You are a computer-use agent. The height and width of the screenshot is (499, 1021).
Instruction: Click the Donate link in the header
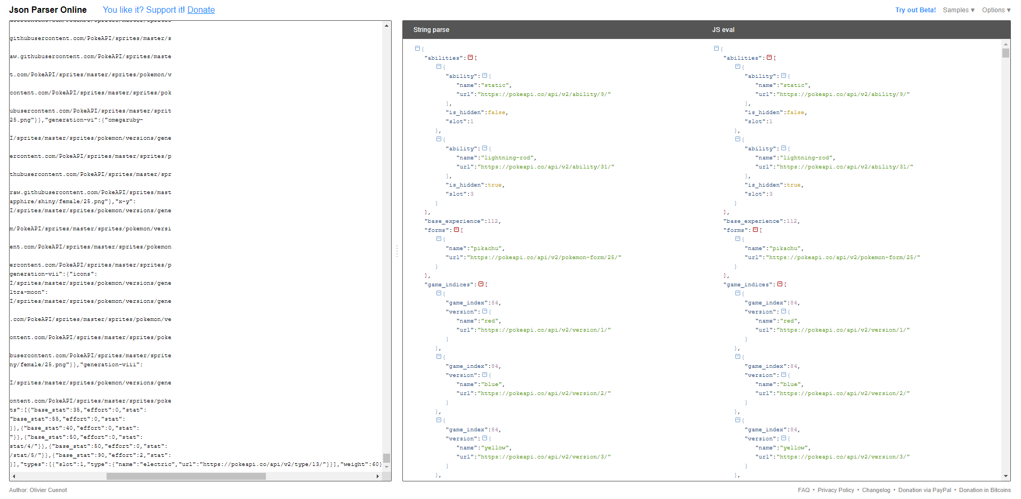point(201,10)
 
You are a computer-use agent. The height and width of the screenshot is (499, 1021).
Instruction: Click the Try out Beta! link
point(915,10)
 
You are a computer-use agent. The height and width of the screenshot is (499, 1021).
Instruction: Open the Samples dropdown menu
point(958,10)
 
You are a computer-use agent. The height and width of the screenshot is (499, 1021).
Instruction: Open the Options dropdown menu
point(996,10)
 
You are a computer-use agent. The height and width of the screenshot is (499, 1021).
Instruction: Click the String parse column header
point(431,30)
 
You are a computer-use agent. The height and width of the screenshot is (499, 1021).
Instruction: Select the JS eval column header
point(723,30)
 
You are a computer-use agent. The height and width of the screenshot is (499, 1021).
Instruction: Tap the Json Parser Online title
point(48,10)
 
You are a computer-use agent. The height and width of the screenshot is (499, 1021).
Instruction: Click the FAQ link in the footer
point(804,490)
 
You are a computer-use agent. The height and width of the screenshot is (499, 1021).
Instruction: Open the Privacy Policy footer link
point(836,490)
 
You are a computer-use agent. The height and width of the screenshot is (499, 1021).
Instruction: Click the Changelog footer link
point(876,490)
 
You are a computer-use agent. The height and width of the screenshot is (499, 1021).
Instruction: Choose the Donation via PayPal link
point(925,490)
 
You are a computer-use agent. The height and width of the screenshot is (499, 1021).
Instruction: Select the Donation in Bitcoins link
point(985,490)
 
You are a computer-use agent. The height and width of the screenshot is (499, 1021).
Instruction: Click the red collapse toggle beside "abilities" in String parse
point(470,58)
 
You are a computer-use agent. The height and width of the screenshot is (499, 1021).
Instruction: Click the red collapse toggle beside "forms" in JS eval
point(755,230)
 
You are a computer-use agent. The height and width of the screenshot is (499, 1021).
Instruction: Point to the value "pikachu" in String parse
point(487,248)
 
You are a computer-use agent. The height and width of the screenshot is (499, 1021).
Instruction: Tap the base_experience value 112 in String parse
point(493,221)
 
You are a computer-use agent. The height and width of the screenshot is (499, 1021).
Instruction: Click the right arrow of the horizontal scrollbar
point(378,476)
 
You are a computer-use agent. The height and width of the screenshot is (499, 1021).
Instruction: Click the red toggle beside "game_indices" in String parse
point(481,284)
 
